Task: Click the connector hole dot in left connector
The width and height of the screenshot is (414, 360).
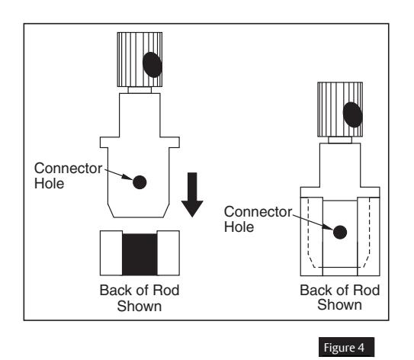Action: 140,182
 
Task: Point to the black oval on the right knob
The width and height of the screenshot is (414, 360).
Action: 352,114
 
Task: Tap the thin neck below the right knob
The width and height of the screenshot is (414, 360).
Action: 341,142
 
